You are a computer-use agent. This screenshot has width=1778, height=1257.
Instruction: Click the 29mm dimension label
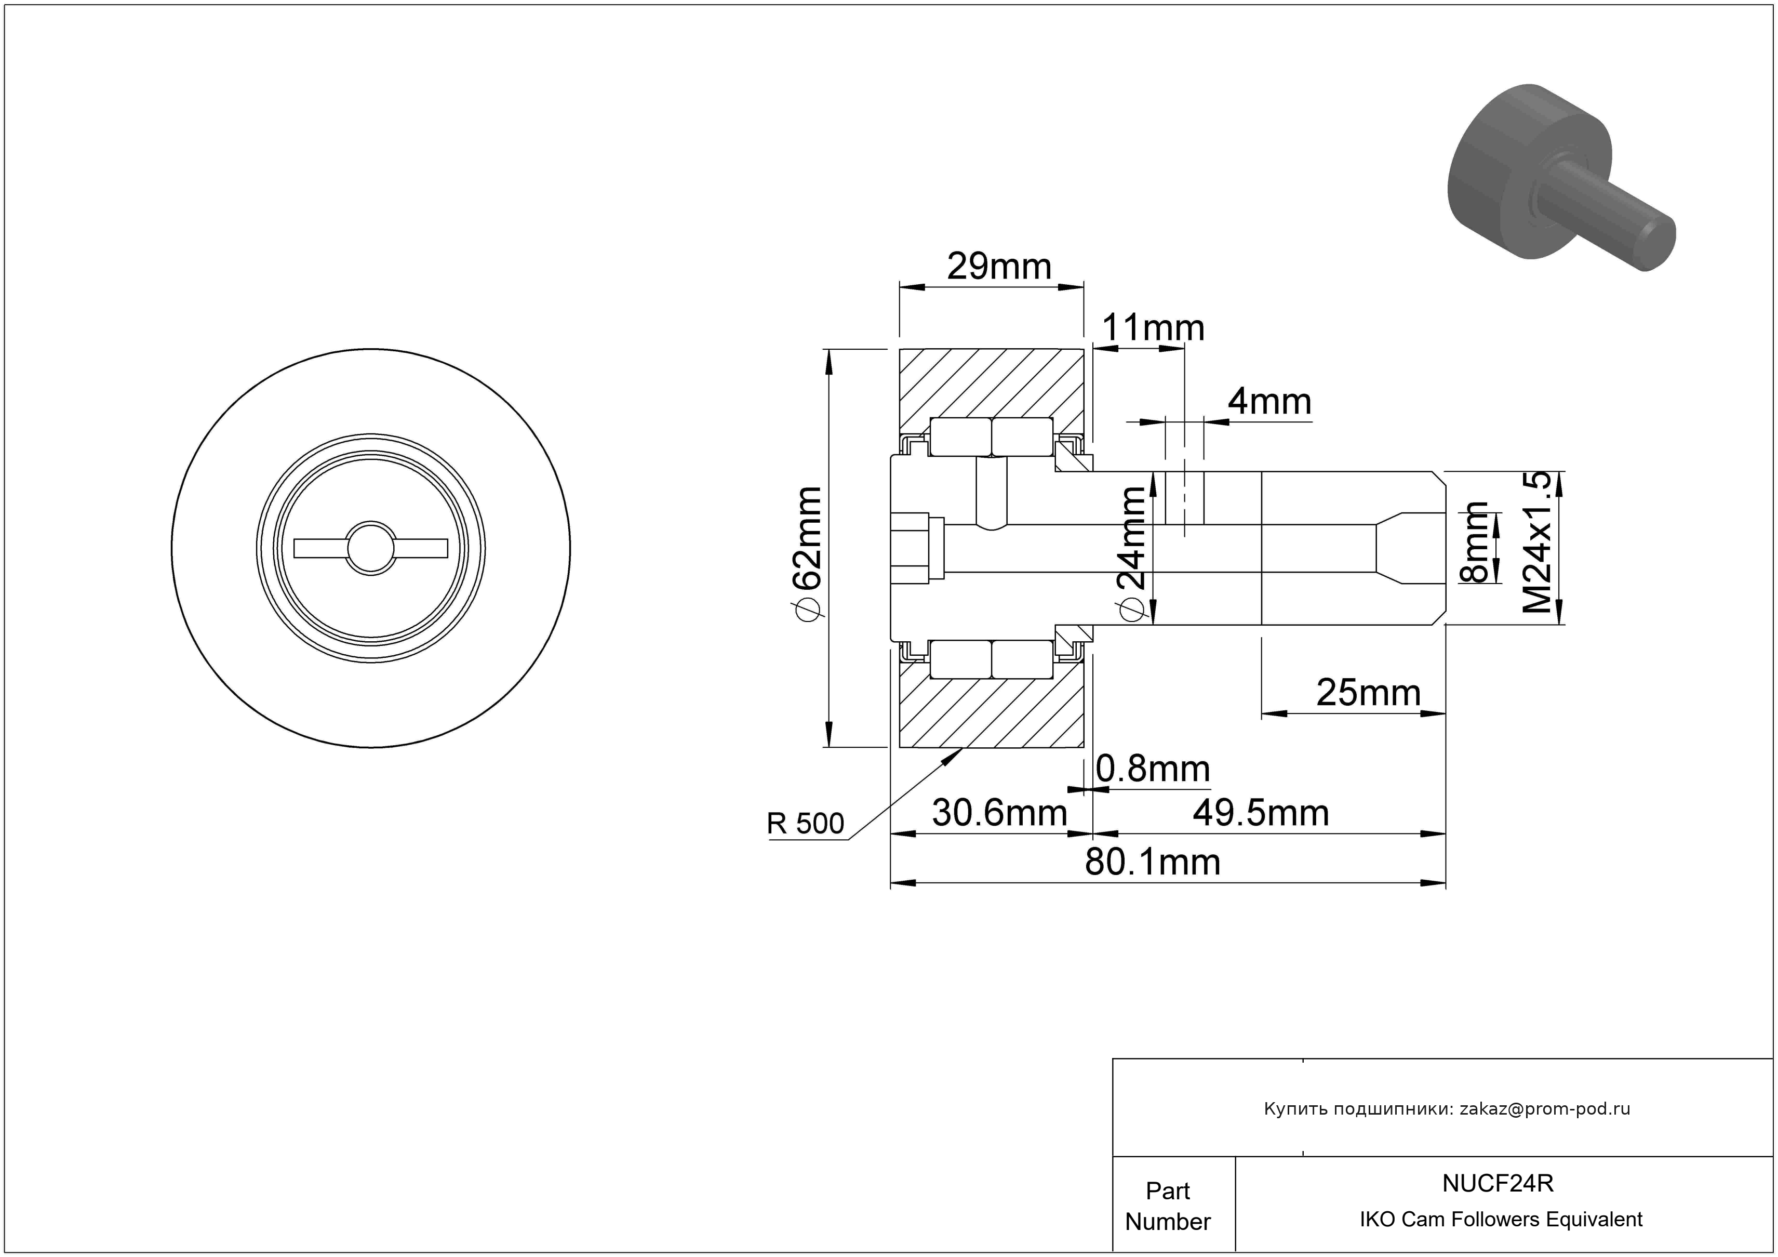pyautogui.click(x=999, y=267)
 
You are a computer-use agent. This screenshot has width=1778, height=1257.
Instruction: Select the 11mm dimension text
pyautogui.click(x=1152, y=328)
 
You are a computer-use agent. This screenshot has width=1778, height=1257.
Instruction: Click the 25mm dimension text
pyautogui.click(x=1368, y=693)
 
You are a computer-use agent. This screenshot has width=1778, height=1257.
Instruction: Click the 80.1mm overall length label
pyautogui.click(x=1152, y=862)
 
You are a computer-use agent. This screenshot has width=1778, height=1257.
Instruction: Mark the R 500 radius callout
pyautogui.click(x=805, y=823)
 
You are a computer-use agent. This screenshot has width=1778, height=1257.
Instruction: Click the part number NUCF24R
pyautogui.click(x=1498, y=1183)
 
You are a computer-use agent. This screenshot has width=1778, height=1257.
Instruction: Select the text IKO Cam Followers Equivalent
pyautogui.click(x=1501, y=1219)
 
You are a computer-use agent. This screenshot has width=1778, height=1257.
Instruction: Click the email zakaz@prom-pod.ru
pyautogui.click(x=1544, y=1108)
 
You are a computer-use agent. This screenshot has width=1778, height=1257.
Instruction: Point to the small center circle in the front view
pyautogui.click(x=371, y=548)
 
